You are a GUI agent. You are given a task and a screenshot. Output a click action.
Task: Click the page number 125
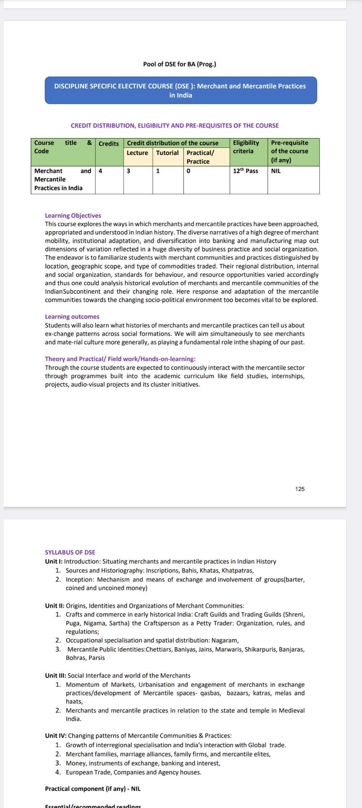pyautogui.click(x=300, y=489)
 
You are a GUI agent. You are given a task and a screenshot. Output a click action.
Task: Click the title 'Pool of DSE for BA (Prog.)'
pyautogui.click(x=179, y=64)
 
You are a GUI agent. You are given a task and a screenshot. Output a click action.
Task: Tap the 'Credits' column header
pyautogui.click(x=109, y=144)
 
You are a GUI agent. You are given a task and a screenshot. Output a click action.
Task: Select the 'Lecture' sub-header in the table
pyautogui.click(x=137, y=153)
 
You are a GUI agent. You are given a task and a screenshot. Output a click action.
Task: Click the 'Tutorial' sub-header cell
pyautogui.click(x=167, y=153)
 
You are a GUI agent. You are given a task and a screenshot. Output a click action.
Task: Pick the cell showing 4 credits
pyautogui.click(x=100, y=171)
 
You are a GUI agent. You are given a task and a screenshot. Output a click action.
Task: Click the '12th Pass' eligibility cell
pyautogui.click(x=246, y=171)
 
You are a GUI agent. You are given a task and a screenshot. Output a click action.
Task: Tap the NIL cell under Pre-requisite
pyautogui.click(x=276, y=171)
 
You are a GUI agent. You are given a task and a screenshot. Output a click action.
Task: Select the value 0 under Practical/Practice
pyautogui.click(x=188, y=171)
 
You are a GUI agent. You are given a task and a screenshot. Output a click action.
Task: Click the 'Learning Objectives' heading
pyautogui.click(x=73, y=216)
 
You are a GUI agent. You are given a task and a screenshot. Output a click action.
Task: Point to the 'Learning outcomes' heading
pyautogui.click(x=72, y=316)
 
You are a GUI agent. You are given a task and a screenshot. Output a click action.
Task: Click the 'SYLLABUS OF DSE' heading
pyautogui.click(x=70, y=552)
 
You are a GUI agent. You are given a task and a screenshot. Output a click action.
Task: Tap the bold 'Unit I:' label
pyautogui.click(x=54, y=561)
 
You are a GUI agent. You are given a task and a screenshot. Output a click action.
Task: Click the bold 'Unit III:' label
pyautogui.click(x=56, y=676)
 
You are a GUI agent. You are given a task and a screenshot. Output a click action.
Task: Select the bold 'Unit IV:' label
pyautogui.click(x=56, y=736)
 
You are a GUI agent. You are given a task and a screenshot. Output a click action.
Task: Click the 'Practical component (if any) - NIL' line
pyautogui.click(x=93, y=789)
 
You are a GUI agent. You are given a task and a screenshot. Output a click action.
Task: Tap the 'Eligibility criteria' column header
pyautogui.click(x=246, y=147)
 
